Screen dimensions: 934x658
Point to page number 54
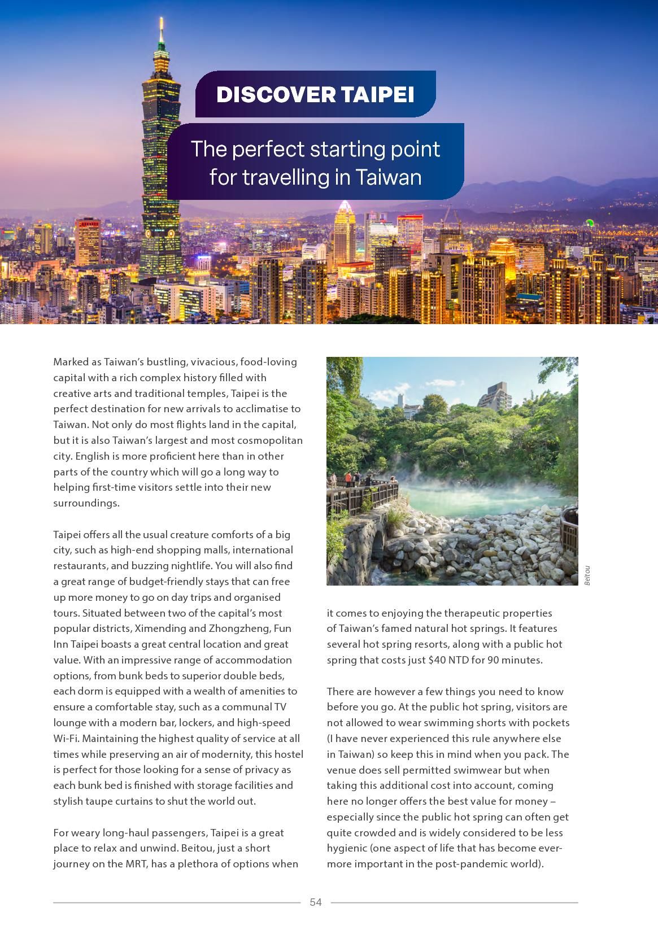click(316, 902)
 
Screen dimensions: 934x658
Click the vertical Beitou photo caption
click(587, 575)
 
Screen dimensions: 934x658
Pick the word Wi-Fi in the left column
click(66, 738)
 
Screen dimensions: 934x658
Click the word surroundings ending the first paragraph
click(86, 503)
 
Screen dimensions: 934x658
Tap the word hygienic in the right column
click(346, 848)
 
